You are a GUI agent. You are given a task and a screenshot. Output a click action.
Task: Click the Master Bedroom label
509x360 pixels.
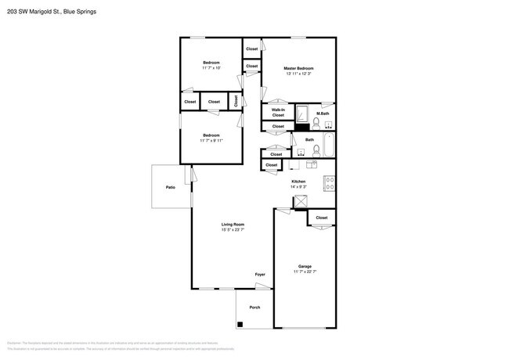click(x=298, y=68)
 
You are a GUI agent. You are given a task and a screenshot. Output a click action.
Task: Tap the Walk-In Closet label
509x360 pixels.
click(x=278, y=112)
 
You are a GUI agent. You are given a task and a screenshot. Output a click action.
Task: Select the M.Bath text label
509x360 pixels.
click(x=322, y=113)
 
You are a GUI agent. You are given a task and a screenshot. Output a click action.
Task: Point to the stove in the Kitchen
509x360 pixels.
click(x=330, y=185)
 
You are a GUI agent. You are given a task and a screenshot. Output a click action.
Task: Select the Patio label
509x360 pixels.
click(x=170, y=187)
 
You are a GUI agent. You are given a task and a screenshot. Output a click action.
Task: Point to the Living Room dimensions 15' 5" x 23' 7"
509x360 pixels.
click(x=233, y=230)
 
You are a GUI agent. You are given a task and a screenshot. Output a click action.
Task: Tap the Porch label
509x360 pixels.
click(x=254, y=308)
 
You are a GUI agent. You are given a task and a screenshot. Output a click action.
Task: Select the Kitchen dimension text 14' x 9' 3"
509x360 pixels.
click(x=298, y=187)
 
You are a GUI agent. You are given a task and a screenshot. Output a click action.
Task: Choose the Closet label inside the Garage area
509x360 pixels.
click(x=321, y=218)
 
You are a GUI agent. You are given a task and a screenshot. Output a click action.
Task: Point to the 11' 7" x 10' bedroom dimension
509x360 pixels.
click(x=211, y=68)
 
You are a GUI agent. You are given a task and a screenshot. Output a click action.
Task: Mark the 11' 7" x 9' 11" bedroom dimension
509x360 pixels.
click(x=211, y=141)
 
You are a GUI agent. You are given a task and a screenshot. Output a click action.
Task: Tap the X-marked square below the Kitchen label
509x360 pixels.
click(x=300, y=201)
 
